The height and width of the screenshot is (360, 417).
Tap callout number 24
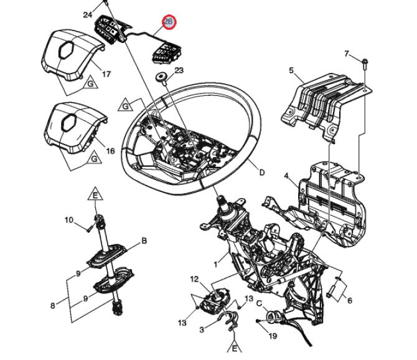(x=88, y=14)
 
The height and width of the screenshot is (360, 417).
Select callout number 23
(x=179, y=70)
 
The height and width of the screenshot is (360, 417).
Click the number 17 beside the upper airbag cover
(x=106, y=74)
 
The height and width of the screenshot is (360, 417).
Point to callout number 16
(x=110, y=151)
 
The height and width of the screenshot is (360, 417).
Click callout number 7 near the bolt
(x=346, y=54)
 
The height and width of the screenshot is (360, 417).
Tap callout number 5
(x=291, y=70)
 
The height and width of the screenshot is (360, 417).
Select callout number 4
(x=286, y=176)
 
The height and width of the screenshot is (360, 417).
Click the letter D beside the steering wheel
(x=262, y=173)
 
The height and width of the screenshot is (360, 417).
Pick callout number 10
(x=68, y=220)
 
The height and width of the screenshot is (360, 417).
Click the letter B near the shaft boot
(x=144, y=241)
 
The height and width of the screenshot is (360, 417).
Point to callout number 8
(x=53, y=306)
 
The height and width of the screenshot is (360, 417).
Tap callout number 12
(x=194, y=279)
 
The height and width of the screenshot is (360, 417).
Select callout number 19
(x=273, y=336)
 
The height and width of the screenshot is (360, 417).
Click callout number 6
(x=350, y=301)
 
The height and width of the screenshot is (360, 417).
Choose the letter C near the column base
(x=259, y=303)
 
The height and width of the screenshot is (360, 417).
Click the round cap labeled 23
(x=161, y=78)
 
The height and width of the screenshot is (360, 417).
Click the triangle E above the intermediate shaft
(x=95, y=194)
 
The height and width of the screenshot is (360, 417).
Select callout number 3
(x=202, y=329)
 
